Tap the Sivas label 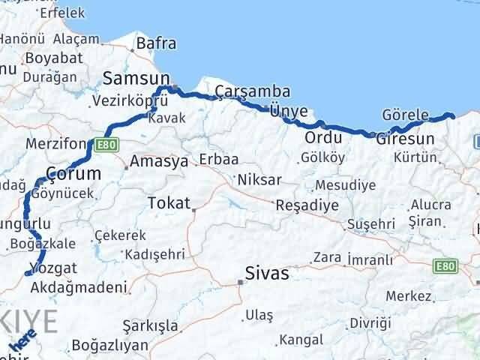(268, 273)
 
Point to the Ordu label (323, 138)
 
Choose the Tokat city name (169, 202)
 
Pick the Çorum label (73, 173)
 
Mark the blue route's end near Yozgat (28, 274)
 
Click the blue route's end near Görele (452, 115)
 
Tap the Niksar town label (259, 180)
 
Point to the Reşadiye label (307, 205)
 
